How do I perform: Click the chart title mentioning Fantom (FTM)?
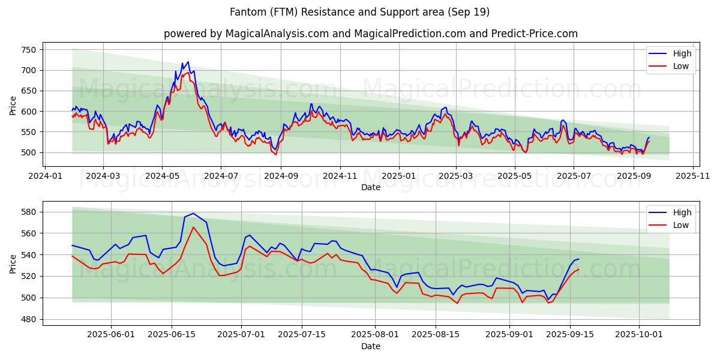point(359,12)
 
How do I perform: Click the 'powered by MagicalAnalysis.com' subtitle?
point(370,34)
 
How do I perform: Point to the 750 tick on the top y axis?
point(29,50)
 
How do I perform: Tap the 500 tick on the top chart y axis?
point(29,152)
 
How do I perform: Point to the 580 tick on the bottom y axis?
point(29,212)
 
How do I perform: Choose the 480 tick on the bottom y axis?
point(29,319)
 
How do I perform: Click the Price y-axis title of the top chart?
point(13,106)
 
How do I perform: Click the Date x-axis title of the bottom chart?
point(370,346)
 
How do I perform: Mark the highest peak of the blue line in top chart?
point(188,61)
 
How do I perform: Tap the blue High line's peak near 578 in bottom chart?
point(193,214)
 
